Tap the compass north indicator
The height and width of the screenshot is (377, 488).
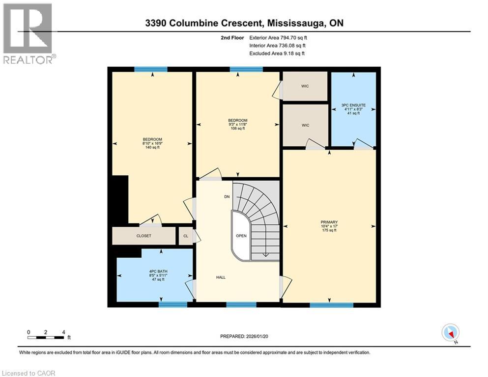coord(450,333)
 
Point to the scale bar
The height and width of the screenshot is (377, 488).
coord(46,337)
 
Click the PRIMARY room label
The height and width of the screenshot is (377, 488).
coord(329,226)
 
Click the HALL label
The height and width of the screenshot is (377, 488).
coord(221,277)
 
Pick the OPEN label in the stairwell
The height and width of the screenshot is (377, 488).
coord(241,236)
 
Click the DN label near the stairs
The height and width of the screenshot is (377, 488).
coord(227,197)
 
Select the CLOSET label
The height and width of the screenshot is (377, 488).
coord(144,236)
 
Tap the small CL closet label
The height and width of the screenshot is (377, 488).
coord(186,236)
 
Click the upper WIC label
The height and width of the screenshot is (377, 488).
coord(305,86)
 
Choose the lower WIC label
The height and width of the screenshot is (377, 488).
coord(305,125)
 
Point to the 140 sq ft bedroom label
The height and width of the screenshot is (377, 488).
coord(152,143)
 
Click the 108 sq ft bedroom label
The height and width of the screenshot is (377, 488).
coord(237,125)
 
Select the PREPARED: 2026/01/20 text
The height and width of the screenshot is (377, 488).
coord(244,336)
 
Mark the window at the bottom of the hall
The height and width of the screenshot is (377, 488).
coord(241,304)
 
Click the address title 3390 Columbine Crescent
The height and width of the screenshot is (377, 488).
coord(244,23)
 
